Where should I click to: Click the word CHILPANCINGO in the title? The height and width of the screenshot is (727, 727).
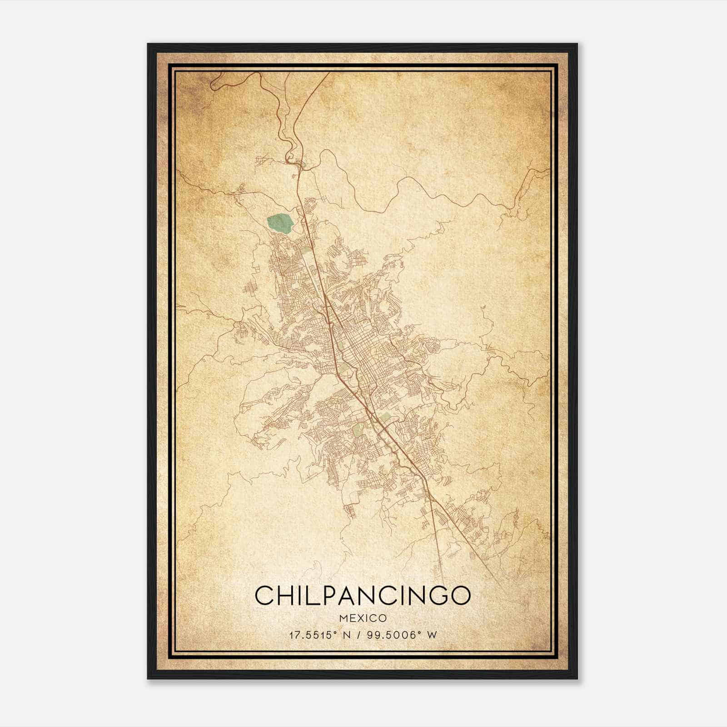tap(362, 595)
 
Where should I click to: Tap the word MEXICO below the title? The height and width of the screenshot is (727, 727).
tap(362, 618)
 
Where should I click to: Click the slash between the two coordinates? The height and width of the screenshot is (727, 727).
tap(359, 635)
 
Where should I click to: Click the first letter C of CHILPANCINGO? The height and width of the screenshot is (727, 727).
tap(264, 595)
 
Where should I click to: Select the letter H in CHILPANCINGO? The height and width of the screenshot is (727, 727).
tap(286, 595)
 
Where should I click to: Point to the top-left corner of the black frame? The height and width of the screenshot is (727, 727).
tap(148, 44)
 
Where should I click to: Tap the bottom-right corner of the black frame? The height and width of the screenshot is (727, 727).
tap(577, 678)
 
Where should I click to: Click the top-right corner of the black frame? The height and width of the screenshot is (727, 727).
tap(577, 44)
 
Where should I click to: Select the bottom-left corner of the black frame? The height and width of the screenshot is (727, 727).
tap(148, 678)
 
